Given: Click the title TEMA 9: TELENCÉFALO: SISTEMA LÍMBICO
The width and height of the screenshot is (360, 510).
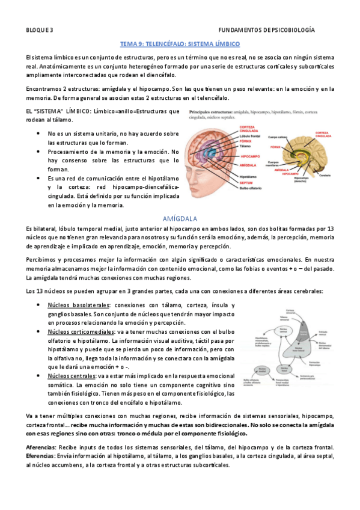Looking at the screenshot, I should coord(180,45).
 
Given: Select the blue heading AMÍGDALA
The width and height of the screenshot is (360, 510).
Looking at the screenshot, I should coord(180,218).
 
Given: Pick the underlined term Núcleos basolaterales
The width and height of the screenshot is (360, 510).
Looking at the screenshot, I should coord(75,305).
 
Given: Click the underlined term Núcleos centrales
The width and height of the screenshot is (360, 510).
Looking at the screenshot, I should coord(69,376).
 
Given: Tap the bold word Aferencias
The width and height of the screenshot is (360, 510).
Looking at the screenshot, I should coord(40,447).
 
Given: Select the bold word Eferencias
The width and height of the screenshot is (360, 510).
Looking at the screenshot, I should coord(40,456).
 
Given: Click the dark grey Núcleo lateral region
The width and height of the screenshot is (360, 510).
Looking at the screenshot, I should coord(305,333).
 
